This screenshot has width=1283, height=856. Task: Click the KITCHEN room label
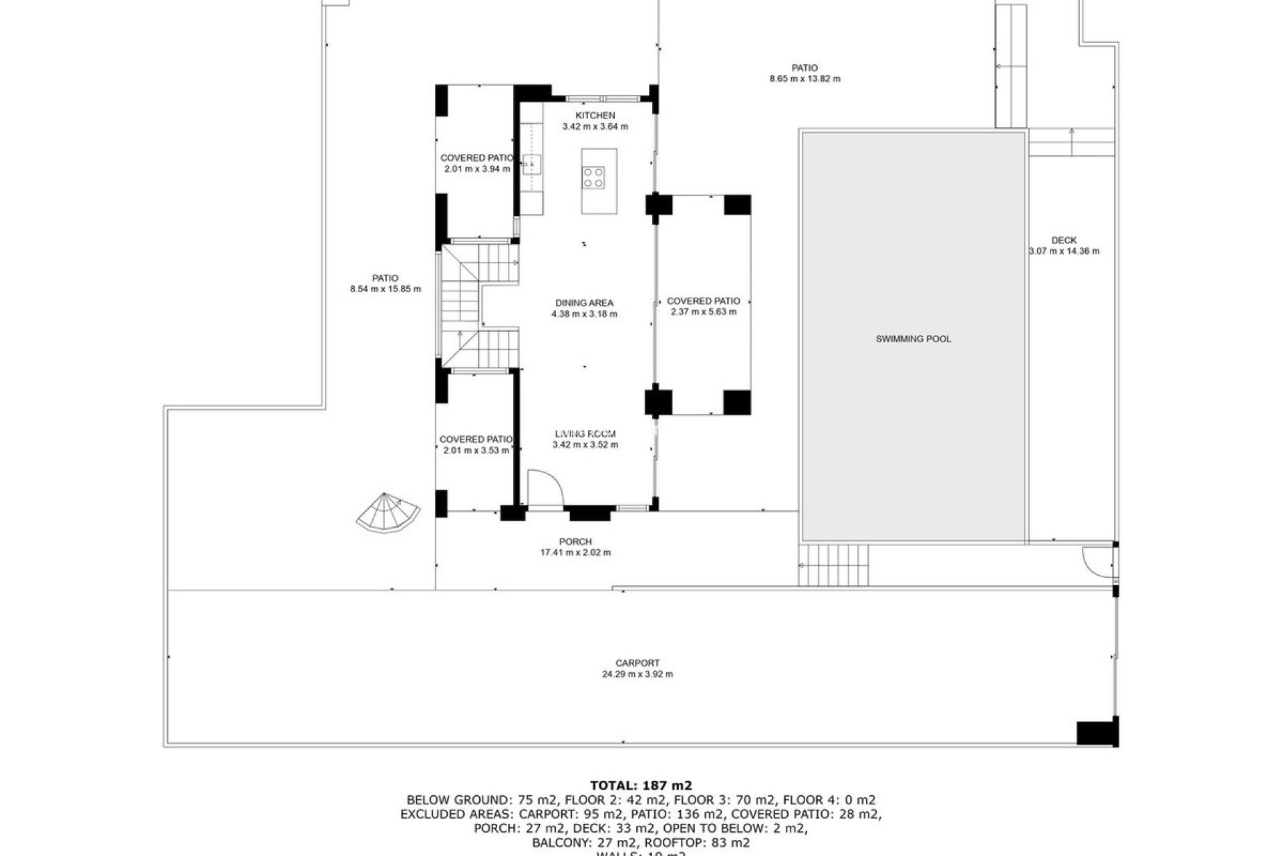coord(595,116)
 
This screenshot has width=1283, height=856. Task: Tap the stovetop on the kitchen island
coord(593,177)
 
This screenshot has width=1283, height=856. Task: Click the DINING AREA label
coord(584,303)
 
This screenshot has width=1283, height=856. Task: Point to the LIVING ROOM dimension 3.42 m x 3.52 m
coord(585,445)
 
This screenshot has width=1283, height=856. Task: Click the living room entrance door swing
coord(544,488)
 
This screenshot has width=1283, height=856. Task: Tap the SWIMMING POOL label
coord(913,339)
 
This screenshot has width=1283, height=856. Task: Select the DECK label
coord(1064,241)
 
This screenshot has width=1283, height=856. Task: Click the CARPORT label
coord(637,663)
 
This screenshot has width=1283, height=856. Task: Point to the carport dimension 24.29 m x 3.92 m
coord(637,674)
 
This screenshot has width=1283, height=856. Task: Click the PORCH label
coord(575,542)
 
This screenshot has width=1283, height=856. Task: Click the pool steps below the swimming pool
coord(834,565)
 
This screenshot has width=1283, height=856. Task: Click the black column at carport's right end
coord(1097,732)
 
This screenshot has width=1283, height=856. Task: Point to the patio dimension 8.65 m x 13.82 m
coord(805,79)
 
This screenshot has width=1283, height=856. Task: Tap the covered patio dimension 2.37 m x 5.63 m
coord(703,312)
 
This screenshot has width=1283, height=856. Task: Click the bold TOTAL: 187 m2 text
coord(641,785)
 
